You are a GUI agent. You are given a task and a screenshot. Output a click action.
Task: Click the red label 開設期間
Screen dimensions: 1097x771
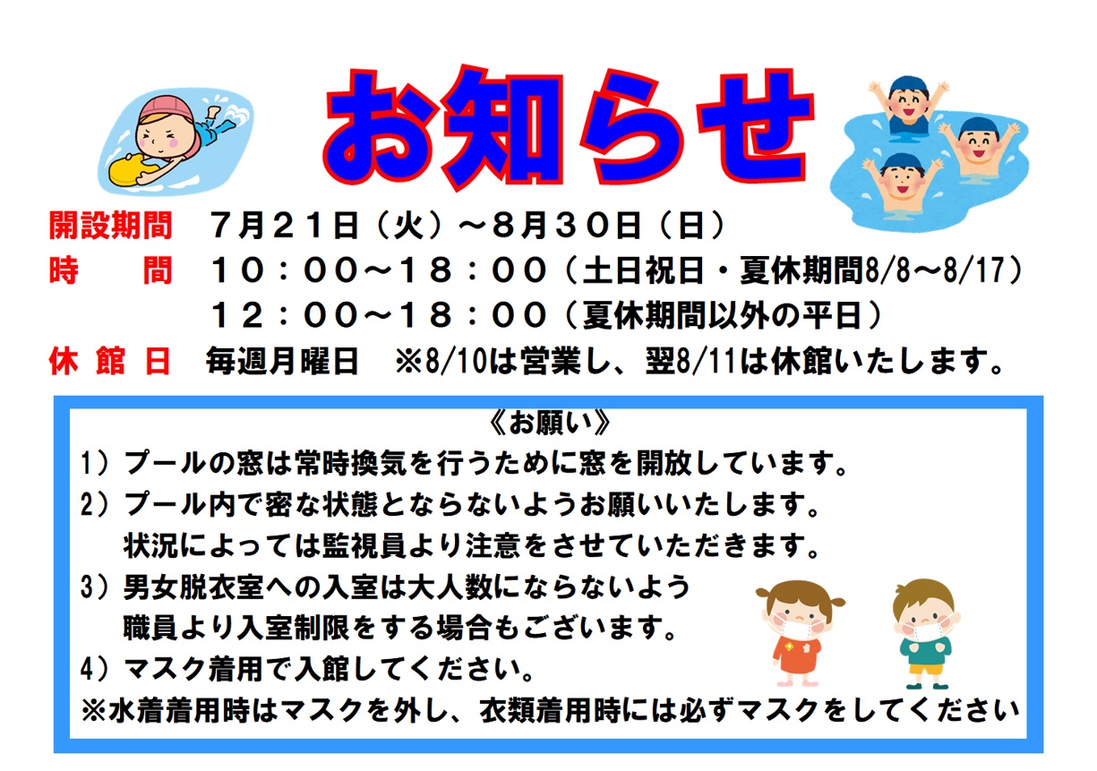click(111, 226)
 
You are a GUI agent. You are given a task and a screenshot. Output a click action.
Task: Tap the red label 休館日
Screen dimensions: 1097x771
click(109, 361)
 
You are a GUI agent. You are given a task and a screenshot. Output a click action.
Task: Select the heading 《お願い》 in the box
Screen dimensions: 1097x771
click(549, 424)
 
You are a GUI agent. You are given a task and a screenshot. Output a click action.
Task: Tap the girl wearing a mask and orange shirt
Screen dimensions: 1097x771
click(799, 633)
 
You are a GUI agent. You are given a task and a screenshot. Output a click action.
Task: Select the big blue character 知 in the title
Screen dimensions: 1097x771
click(502, 126)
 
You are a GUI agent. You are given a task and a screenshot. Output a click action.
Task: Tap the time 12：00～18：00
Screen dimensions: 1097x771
click(379, 315)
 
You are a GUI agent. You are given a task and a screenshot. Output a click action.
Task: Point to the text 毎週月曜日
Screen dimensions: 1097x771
click(282, 362)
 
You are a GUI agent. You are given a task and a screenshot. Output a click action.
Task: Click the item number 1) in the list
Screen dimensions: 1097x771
click(95, 463)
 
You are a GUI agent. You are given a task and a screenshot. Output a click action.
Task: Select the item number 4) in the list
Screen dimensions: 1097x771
click(95, 669)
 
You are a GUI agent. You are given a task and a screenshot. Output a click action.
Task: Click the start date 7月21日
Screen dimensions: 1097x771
click(284, 226)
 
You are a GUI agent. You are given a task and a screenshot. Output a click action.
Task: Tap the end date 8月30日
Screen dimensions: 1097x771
click(567, 226)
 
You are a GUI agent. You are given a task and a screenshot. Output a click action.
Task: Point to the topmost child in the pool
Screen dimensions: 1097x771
click(908, 105)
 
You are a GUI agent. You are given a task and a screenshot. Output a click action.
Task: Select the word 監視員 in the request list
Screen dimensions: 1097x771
click(364, 545)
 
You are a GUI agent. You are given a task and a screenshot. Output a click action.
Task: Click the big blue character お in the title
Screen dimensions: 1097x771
click(380, 127)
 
